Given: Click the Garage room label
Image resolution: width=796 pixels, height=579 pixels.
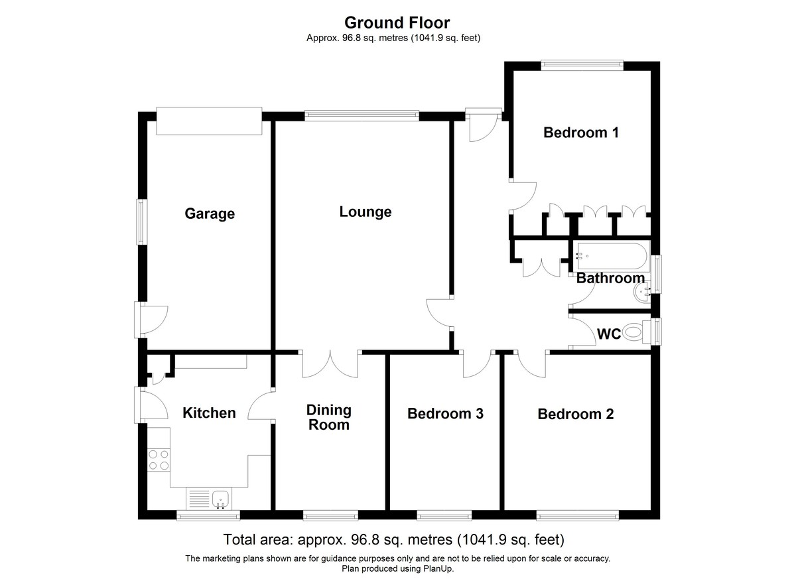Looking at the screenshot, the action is [210, 214].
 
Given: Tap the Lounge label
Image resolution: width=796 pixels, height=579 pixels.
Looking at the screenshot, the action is [365, 212].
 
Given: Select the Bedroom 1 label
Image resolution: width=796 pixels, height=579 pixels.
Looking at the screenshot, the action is [581, 133].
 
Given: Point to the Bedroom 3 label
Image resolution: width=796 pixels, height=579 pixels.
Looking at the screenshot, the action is [445, 413].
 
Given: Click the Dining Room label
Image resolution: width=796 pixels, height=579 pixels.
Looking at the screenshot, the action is [329, 417].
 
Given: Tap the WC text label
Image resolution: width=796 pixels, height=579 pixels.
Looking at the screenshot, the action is [609, 334].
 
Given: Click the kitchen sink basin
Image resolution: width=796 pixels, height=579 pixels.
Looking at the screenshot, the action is [220, 499].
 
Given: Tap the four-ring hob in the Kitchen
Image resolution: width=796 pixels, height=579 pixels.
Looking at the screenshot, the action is [159, 460].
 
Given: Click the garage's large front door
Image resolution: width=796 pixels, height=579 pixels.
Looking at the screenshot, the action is [210, 121].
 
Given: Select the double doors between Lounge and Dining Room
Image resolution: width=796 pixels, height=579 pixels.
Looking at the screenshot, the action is [330, 365].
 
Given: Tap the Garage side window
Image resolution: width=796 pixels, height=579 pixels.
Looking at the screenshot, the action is [141, 222].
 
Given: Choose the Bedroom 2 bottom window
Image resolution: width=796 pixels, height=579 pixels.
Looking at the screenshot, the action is [578, 515].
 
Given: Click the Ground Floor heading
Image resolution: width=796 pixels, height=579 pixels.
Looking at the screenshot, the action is [397, 23].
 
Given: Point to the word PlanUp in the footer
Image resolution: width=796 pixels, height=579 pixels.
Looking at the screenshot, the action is [438, 568].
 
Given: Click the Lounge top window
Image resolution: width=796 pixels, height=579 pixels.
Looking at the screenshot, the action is [362, 114].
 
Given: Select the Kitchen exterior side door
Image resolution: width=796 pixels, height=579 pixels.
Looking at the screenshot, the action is [137, 405].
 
